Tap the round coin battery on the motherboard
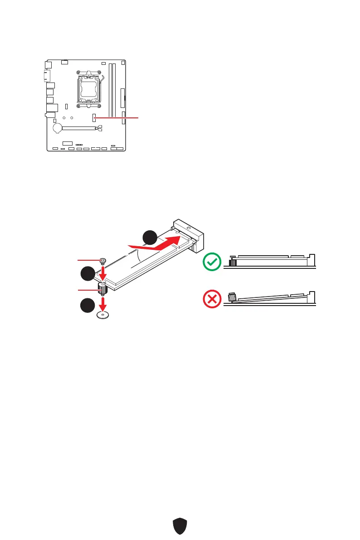point(58,128)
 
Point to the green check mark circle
point(211,262)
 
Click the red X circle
point(211,299)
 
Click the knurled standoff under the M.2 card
point(103,289)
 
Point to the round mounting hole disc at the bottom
point(103,315)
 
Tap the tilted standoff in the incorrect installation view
point(233,298)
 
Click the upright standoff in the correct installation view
point(233,263)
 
